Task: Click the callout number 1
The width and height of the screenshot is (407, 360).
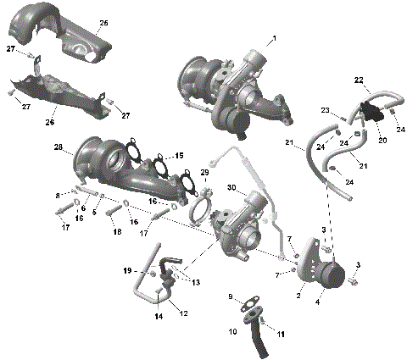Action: (x=273, y=39)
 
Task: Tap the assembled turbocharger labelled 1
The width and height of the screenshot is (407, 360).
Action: (x=233, y=85)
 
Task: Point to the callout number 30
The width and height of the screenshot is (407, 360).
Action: (x=208, y=187)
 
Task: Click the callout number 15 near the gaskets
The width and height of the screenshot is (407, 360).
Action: (x=178, y=156)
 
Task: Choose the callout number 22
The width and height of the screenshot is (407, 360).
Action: (x=359, y=80)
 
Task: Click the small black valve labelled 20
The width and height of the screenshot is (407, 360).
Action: (x=371, y=111)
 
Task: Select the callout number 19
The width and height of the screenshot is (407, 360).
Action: (x=126, y=271)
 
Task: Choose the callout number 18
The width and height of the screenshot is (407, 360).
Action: (x=116, y=231)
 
